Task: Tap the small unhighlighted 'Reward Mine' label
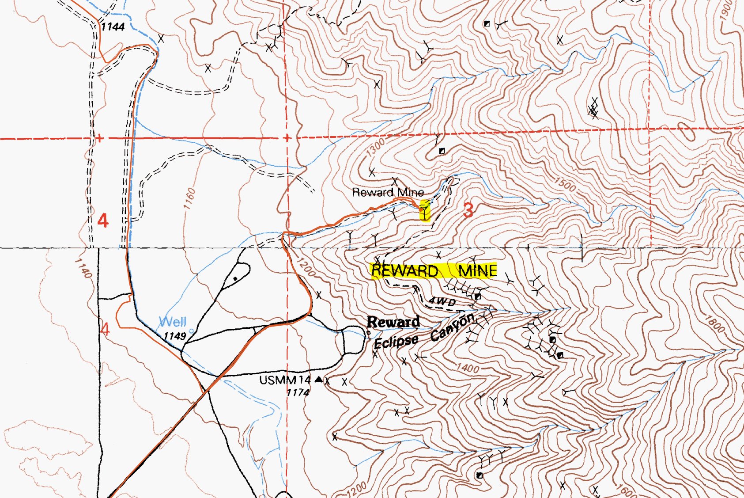388,192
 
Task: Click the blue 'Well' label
172,321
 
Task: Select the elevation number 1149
174,336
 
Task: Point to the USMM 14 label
285,380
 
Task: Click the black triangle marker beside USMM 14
319,379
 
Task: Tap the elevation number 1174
298,392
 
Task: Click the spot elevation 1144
113,27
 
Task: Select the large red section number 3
468,210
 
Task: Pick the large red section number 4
102,220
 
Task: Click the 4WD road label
442,301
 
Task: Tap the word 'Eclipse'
396,342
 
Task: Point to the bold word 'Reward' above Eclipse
393,322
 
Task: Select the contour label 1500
565,184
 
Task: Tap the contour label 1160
189,198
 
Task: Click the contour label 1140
83,268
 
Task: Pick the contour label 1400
468,368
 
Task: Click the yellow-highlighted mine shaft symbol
424,210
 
